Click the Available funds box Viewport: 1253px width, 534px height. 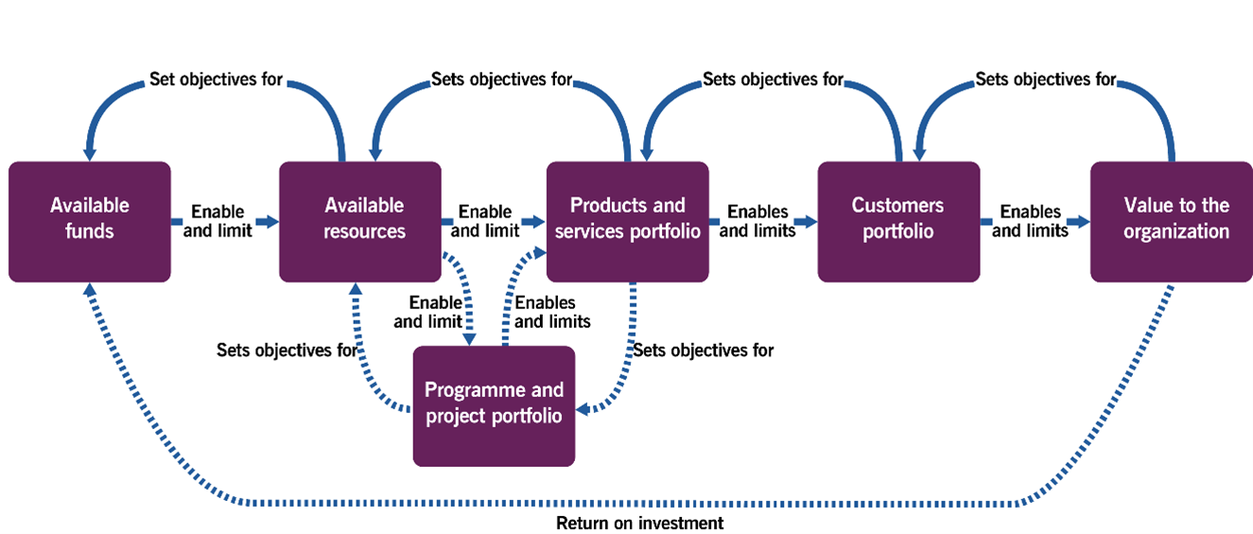(90, 221)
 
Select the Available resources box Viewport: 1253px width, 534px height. (360, 221)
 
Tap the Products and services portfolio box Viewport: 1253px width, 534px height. (628, 221)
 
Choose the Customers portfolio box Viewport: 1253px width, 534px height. (899, 221)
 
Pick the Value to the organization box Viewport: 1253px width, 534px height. (1172, 221)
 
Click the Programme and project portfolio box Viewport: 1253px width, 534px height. (494, 406)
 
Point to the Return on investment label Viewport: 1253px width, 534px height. (639, 524)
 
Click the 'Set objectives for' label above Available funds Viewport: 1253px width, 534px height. (216, 79)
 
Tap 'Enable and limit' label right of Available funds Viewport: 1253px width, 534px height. (218, 221)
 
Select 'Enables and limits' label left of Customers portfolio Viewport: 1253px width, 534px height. (757, 221)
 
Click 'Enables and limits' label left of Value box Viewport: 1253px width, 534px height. (1031, 221)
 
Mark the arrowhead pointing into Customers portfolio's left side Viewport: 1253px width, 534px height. (810, 221)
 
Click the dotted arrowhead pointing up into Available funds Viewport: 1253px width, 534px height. (90, 289)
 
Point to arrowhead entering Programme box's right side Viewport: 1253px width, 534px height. (583, 409)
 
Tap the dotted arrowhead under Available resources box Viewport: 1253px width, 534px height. (356, 289)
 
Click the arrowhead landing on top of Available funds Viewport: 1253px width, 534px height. (90, 154)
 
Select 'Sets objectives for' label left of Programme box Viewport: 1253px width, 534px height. (287, 350)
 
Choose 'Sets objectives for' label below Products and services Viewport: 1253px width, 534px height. (704, 350)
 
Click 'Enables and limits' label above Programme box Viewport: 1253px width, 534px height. (552, 312)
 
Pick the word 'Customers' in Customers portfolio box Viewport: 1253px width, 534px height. (897, 205)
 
